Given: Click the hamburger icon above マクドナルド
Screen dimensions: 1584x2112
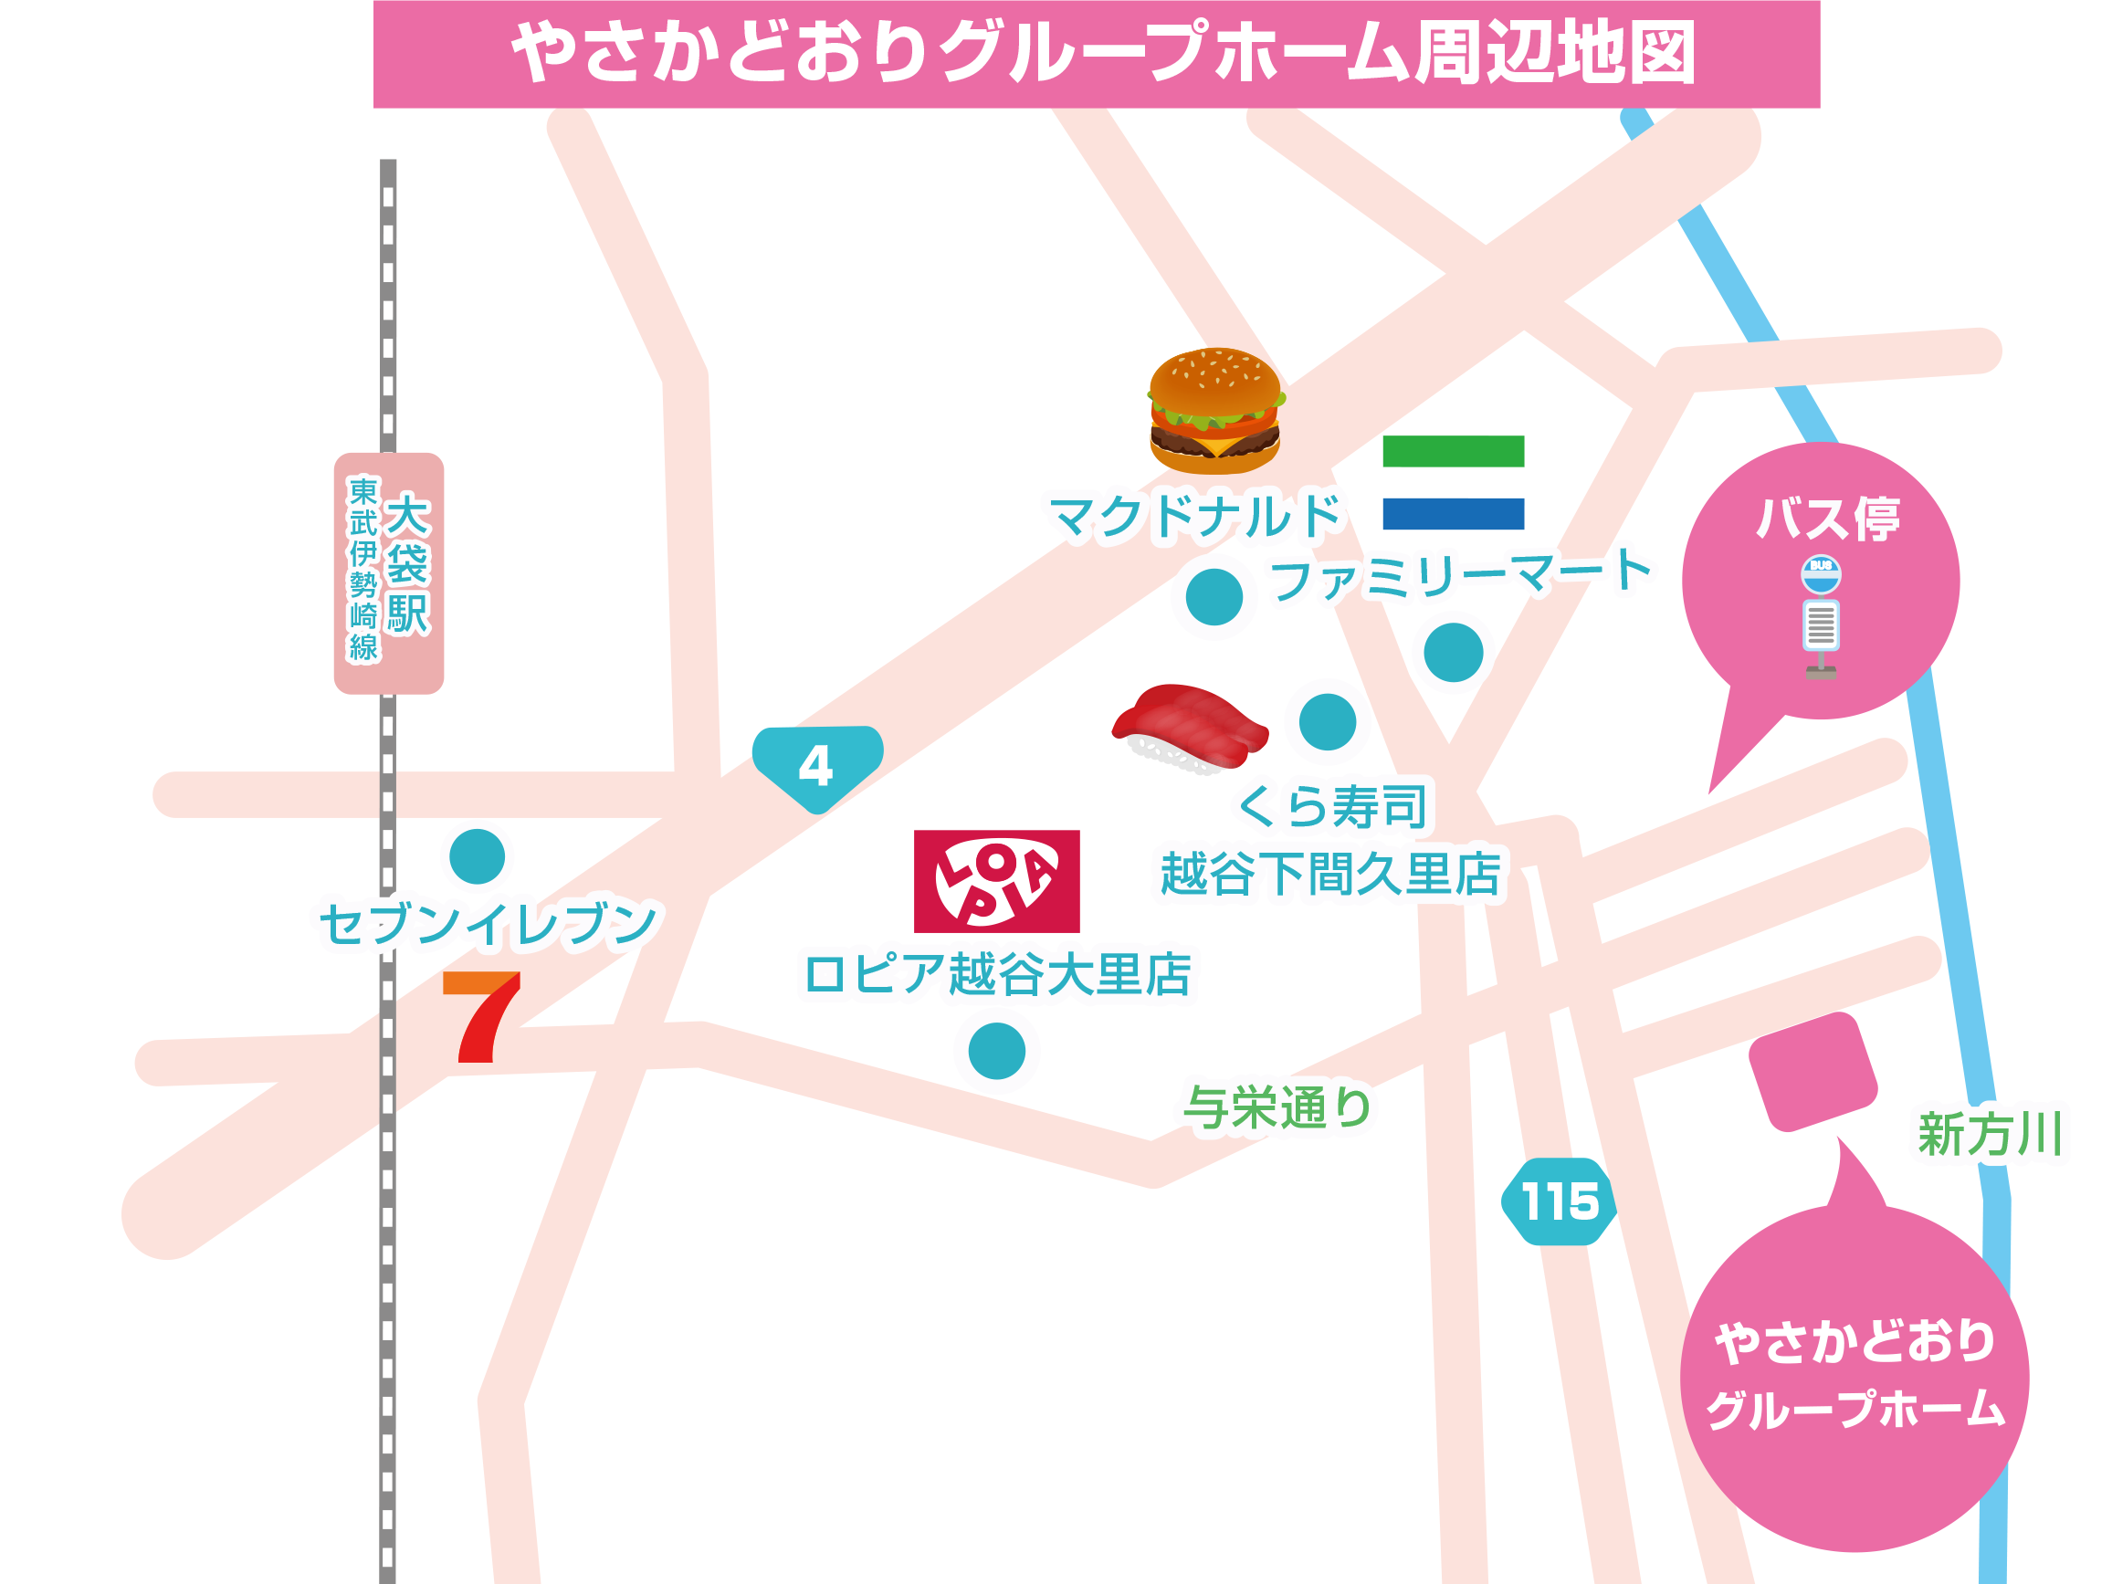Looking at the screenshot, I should [x=1214, y=411].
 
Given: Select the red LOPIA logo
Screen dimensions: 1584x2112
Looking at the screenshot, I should [x=996, y=880].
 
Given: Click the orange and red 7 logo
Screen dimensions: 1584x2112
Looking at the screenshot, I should [x=482, y=1016].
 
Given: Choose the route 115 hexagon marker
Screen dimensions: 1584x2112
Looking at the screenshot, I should [x=1559, y=1201].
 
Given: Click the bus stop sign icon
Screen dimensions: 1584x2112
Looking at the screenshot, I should [x=1820, y=615].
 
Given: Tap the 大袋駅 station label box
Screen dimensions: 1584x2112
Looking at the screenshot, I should [x=389, y=572].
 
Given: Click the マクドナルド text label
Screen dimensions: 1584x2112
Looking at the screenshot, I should [x=1195, y=518].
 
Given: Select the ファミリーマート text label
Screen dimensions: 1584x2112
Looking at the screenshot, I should [x=1460, y=575].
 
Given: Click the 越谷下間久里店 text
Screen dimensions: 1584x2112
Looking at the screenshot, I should [x=1329, y=873].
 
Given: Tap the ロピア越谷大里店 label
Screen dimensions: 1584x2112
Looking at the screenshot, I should [x=997, y=974].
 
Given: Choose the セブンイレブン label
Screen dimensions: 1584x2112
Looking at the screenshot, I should [x=488, y=923].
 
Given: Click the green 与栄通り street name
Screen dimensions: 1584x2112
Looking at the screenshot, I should [x=1277, y=1107].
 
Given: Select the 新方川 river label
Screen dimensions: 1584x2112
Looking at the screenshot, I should [x=1990, y=1134].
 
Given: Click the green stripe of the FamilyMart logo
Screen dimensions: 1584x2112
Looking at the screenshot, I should [x=1452, y=451].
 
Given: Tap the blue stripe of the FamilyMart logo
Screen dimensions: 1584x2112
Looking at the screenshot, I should [x=1452, y=514].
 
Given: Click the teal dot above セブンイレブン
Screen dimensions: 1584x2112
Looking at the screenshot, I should [x=477, y=856].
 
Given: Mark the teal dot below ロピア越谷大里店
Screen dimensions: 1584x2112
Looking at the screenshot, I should [x=996, y=1051].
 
